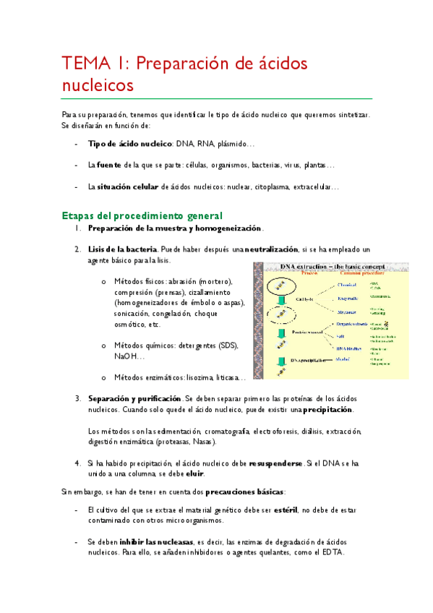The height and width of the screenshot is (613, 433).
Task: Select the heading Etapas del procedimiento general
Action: (x=142, y=215)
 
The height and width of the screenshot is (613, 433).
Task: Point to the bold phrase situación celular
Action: (x=128, y=187)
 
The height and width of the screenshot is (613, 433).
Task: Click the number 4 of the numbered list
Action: (x=77, y=463)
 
